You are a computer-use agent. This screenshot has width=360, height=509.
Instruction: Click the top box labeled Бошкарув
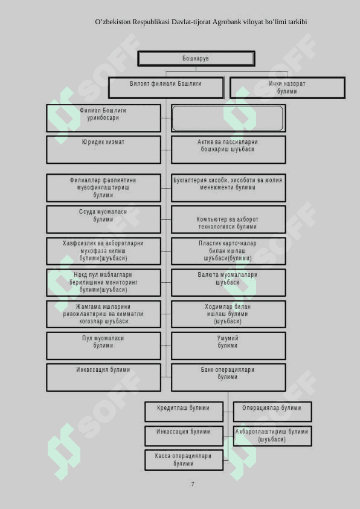click(196, 59)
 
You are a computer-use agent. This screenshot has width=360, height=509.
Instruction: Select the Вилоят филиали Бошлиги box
click(166, 88)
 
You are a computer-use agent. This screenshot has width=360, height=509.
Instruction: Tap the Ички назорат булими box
click(288, 88)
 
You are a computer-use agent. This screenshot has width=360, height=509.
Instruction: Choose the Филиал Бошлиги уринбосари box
click(103, 118)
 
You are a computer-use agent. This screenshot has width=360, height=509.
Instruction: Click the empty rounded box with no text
click(228, 118)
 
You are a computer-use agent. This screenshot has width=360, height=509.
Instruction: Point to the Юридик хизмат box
click(103, 150)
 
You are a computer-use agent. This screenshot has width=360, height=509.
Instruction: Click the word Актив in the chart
click(205, 142)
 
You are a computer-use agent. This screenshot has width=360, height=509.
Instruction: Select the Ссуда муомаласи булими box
click(103, 219)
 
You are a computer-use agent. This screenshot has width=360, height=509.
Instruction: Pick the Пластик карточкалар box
click(228, 251)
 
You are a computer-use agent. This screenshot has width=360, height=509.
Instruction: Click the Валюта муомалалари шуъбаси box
click(228, 282)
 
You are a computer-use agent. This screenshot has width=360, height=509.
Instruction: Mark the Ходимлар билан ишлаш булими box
click(228, 314)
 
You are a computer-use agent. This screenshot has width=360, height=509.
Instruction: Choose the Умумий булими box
click(228, 346)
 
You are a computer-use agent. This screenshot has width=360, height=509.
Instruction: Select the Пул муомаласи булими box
click(103, 346)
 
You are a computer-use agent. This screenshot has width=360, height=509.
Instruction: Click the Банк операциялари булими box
click(228, 377)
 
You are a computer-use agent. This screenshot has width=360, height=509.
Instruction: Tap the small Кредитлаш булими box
click(184, 412)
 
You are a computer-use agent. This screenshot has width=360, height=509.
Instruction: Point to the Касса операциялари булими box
click(184, 460)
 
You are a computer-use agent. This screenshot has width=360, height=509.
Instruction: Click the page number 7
click(193, 484)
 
